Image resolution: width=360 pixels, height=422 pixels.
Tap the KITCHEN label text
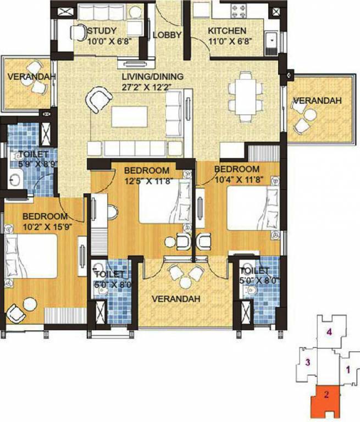227,31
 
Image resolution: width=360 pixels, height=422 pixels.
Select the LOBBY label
167,35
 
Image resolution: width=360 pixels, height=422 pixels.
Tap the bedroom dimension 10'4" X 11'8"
236,179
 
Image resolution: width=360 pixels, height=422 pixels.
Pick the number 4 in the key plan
329,331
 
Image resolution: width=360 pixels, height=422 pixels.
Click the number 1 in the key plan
347,370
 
